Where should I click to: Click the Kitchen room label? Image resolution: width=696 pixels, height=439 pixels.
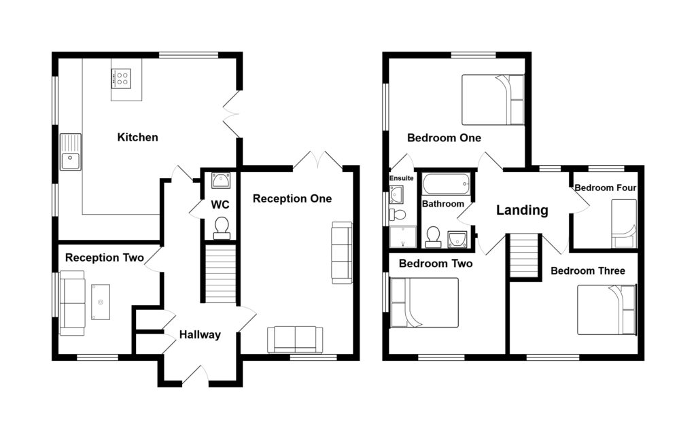(x=137, y=137)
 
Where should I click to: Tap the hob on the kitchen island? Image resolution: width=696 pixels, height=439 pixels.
(x=122, y=78)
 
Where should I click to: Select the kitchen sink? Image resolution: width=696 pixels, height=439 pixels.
(x=70, y=152)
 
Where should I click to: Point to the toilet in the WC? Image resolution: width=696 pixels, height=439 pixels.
(x=222, y=228)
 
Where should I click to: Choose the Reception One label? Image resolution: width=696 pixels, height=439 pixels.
(x=292, y=198)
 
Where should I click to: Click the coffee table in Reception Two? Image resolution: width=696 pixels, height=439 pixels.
(x=101, y=302)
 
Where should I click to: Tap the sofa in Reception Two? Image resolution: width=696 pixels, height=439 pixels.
(x=72, y=302)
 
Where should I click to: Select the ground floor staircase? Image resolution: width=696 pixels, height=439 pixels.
(x=220, y=275)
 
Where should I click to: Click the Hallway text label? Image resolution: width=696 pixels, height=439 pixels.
(x=200, y=334)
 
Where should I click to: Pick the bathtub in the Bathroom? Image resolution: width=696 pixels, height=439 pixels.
(x=446, y=184)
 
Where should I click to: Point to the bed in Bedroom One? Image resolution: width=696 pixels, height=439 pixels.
(x=493, y=100)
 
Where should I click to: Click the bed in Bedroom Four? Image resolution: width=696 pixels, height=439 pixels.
(x=623, y=224)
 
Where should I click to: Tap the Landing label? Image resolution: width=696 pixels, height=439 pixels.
(x=522, y=210)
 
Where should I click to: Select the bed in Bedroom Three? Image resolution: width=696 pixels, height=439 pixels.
(x=606, y=310)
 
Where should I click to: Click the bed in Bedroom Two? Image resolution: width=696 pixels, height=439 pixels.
(x=425, y=302)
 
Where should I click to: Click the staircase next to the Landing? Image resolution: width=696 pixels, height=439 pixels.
(x=524, y=256)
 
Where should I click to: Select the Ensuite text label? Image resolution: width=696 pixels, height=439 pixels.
(x=401, y=178)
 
